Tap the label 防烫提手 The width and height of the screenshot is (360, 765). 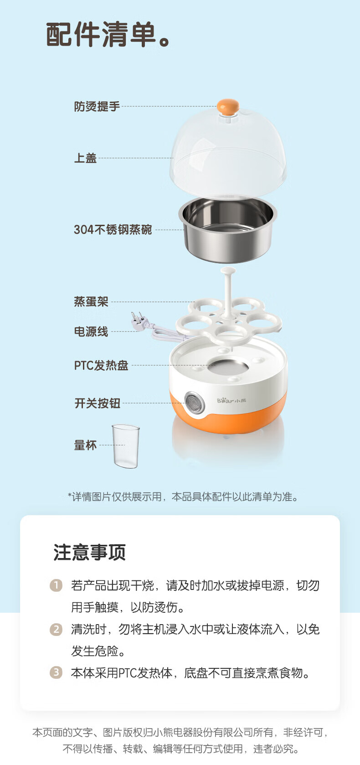pyautogui.click(x=97, y=107)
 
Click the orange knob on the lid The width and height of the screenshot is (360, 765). pyautogui.click(x=228, y=107)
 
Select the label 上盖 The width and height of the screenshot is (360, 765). pyautogui.click(x=85, y=158)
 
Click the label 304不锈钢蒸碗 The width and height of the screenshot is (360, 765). pyautogui.click(x=113, y=229)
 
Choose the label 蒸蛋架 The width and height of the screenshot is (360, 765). pyautogui.click(x=91, y=301)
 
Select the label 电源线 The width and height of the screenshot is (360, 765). pyautogui.click(x=91, y=331)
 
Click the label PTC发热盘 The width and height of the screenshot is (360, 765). pyautogui.click(x=101, y=366)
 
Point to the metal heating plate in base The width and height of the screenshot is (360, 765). pyautogui.click(x=228, y=367)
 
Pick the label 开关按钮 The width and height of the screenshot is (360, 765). pyautogui.click(x=97, y=403)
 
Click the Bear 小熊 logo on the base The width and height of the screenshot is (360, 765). pyautogui.click(x=231, y=400)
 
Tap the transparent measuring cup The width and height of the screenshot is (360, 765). pyautogui.click(x=126, y=446)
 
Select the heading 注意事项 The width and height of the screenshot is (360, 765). pyautogui.click(x=89, y=552)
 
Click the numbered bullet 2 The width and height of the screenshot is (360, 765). pyautogui.click(x=56, y=629)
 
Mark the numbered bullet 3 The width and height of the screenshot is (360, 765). pyautogui.click(x=56, y=672)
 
